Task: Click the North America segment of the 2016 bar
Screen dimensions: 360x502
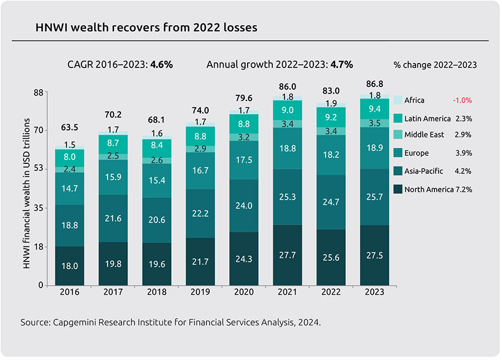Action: pyautogui.click(x=70, y=266)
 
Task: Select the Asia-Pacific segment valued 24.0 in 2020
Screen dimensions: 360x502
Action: pyautogui.click(x=244, y=206)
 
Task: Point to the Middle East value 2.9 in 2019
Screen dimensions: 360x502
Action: pyautogui.click(x=200, y=149)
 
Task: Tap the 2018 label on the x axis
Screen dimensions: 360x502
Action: pyautogui.click(x=157, y=293)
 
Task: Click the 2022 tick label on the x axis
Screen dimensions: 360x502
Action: pyautogui.click(x=331, y=293)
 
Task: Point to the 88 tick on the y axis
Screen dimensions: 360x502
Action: pyautogui.click(x=38, y=93)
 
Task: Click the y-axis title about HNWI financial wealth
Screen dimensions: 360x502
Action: pyautogui.click(x=26, y=189)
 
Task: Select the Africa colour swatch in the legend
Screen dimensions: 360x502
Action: pyautogui.click(x=398, y=100)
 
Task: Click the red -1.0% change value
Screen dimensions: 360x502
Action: pyautogui.click(x=462, y=100)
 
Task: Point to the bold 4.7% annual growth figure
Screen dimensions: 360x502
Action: pyautogui.click(x=342, y=64)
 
